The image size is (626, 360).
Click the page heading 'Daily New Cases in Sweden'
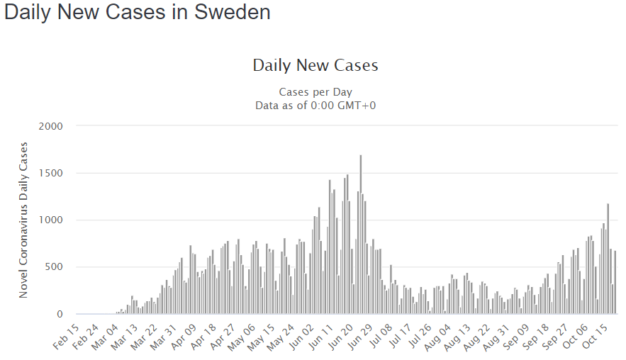pos(138,13)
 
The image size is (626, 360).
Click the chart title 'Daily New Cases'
pos(315,65)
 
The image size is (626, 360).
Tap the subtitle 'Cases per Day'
pos(315,92)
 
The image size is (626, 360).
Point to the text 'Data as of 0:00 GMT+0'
pos(315,106)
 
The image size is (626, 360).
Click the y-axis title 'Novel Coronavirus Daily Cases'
pos(23,220)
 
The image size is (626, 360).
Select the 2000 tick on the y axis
pos(50,126)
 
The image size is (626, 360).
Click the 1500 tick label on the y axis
pos(50,173)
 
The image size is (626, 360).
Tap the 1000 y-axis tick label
pos(50,220)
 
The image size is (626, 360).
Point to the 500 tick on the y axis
pos(54,267)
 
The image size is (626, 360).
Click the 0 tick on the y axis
pos(60,314)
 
